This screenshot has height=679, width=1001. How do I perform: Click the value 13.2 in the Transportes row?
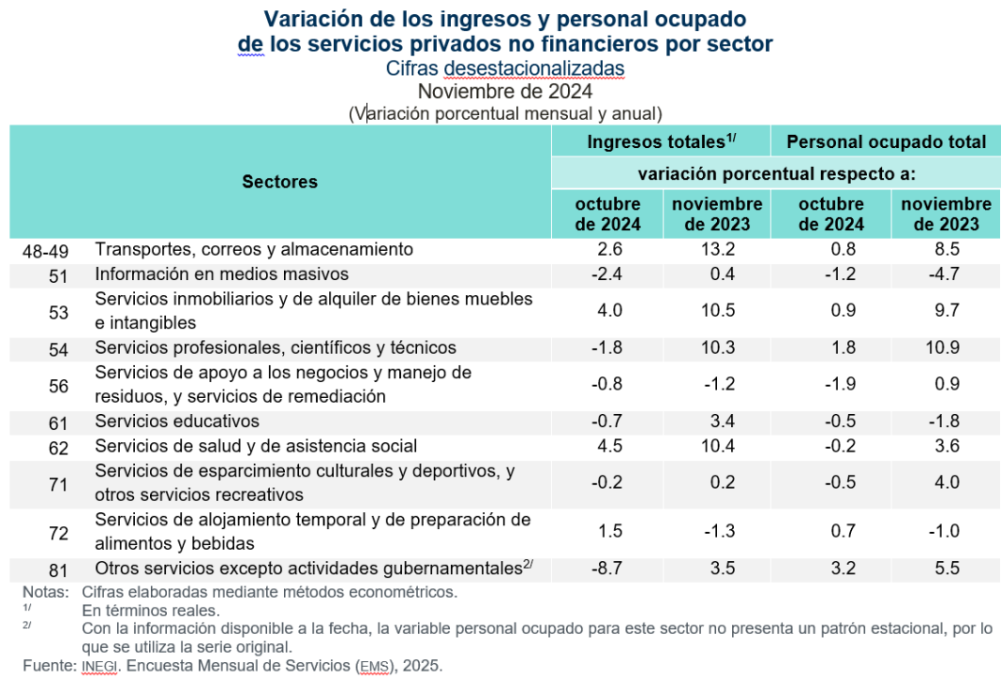pyautogui.click(x=715, y=249)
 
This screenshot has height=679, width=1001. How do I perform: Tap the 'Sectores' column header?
pyautogui.click(x=279, y=182)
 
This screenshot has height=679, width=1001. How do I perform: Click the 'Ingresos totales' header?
pyautogui.click(x=661, y=141)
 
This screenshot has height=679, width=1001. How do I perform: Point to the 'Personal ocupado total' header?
pyautogui.click(x=886, y=141)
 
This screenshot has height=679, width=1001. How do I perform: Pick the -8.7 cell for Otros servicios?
pyautogui.click(x=608, y=568)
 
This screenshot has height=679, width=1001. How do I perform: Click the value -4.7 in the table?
pyautogui.click(x=946, y=274)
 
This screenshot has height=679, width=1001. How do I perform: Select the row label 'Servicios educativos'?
pyautogui.click(x=177, y=421)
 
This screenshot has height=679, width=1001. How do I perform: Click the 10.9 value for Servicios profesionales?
pyautogui.click(x=946, y=347)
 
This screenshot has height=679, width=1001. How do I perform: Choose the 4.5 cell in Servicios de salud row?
pyautogui.click(x=608, y=446)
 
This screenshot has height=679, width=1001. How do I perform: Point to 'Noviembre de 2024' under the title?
pyautogui.click(x=504, y=92)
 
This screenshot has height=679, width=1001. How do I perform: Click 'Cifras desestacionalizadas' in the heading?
pyautogui.click(x=504, y=68)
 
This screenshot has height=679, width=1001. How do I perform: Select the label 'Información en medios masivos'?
pyautogui.click(x=221, y=274)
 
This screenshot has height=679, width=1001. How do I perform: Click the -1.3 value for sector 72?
pyautogui.click(x=715, y=531)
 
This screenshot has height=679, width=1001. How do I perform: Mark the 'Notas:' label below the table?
pyautogui.click(x=45, y=592)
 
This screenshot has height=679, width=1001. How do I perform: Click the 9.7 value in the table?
pyautogui.click(x=946, y=311)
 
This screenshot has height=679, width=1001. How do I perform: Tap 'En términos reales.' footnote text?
pyautogui.click(x=151, y=611)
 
